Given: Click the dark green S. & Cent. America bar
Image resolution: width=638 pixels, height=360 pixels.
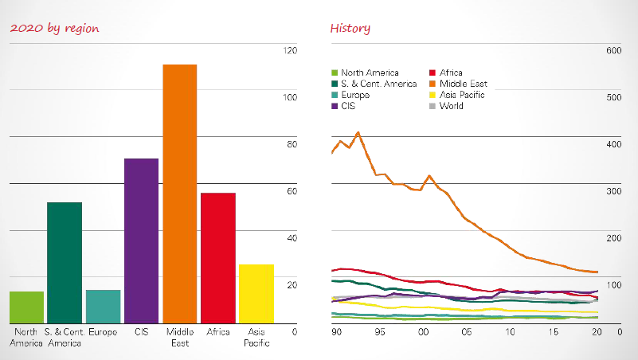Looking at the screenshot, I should [65, 262].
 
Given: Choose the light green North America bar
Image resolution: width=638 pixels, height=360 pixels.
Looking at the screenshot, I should [26, 307].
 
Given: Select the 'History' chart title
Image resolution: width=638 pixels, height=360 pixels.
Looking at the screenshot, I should [350, 29].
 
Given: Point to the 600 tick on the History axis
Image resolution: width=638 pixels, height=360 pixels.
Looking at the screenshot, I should [613, 51].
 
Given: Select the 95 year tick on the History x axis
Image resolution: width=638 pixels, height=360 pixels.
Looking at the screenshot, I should [380, 331].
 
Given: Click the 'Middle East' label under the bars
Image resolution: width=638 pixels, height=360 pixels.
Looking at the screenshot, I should [179, 337].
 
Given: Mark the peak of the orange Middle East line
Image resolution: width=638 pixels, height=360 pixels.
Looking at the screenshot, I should [358, 132].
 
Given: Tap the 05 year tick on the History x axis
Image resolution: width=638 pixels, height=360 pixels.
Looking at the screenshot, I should [466, 331].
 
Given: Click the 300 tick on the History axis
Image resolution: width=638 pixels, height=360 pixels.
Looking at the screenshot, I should [613, 192].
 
